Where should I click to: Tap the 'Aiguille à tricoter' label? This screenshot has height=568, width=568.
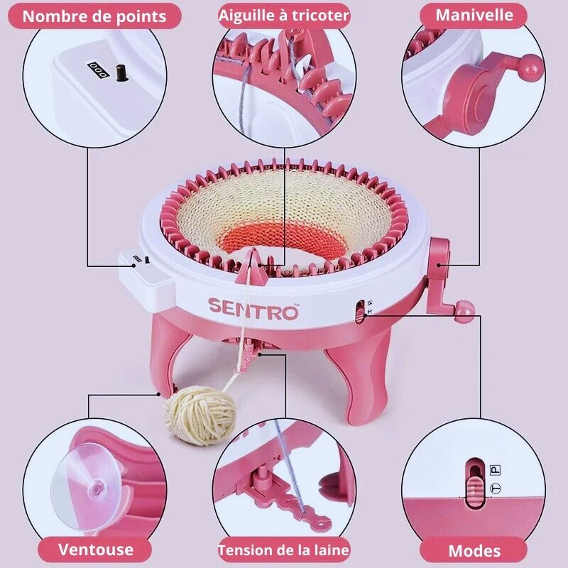pos(284,15)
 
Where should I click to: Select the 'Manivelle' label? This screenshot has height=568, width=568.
pos(474,15)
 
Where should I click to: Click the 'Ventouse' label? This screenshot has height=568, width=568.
pos(96,549)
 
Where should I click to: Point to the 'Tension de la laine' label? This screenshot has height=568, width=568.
pos(284,550)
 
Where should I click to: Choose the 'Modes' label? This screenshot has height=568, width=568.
pos(474,550)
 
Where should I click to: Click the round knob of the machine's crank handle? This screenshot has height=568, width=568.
pos(465,309)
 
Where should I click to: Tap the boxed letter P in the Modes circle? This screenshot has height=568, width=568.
pos(496,469)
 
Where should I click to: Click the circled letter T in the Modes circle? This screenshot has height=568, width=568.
pos(496,488)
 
